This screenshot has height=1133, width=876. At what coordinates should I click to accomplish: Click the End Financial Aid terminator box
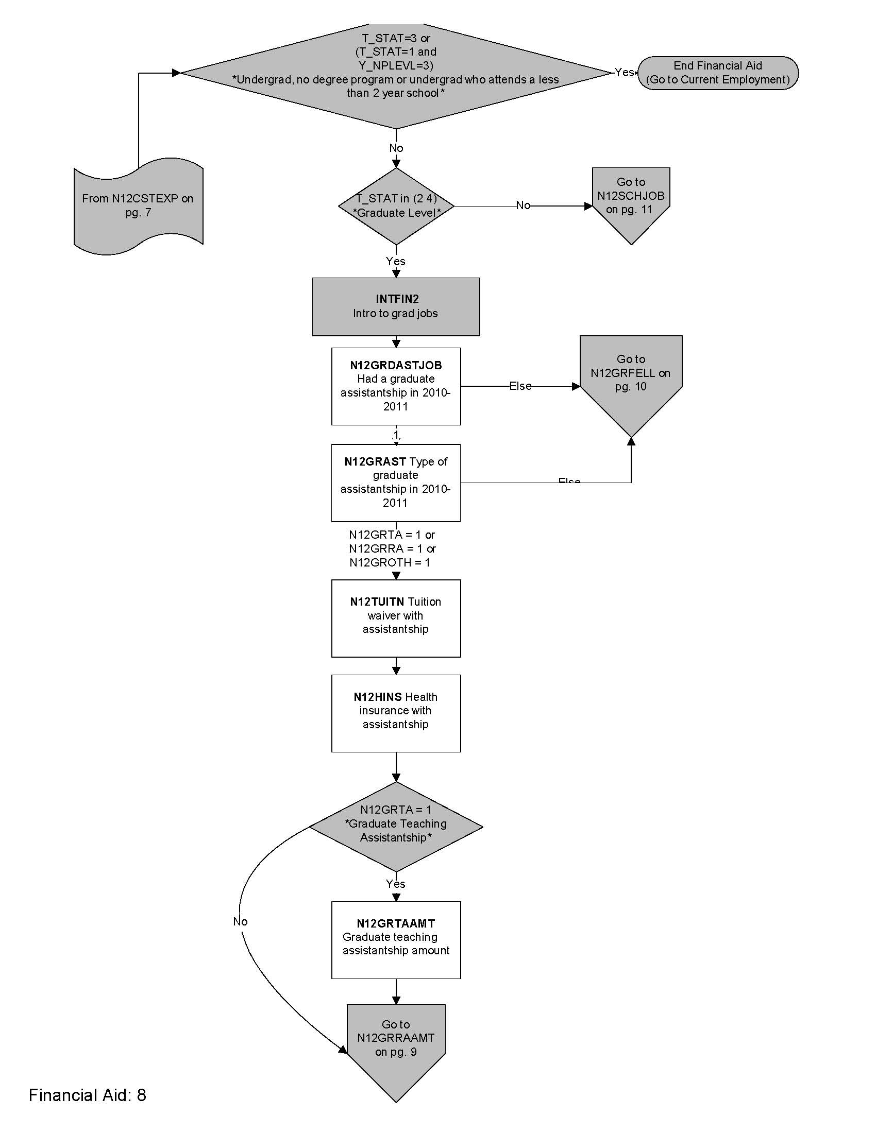tap(717, 73)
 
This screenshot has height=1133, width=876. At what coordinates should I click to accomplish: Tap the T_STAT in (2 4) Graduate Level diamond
tap(396, 206)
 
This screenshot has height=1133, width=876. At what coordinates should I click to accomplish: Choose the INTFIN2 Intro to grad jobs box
tap(395, 306)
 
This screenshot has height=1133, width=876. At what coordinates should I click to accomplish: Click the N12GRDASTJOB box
tap(395, 386)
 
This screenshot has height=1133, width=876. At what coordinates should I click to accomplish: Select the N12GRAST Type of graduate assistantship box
tap(395, 483)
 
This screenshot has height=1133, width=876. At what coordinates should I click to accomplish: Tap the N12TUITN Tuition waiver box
tap(395, 618)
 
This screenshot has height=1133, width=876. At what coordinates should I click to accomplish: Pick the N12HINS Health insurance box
tap(395, 713)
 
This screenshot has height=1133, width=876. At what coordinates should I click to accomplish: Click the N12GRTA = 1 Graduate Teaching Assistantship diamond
tap(395, 827)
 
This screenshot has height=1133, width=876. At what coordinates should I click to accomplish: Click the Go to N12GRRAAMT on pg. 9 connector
tap(395, 1043)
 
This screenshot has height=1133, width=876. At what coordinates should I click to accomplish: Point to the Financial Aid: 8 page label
tap(87, 1095)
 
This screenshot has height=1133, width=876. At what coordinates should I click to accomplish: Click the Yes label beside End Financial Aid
tap(624, 72)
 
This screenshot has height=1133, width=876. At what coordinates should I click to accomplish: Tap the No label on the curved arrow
tap(240, 921)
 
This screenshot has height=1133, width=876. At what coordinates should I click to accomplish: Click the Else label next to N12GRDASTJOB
tap(520, 386)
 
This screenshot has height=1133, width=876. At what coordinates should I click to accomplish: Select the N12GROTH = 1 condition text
tap(389, 562)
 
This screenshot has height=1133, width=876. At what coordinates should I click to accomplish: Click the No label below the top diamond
tap(396, 148)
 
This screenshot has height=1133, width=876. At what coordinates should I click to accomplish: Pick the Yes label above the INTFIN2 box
tap(395, 261)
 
